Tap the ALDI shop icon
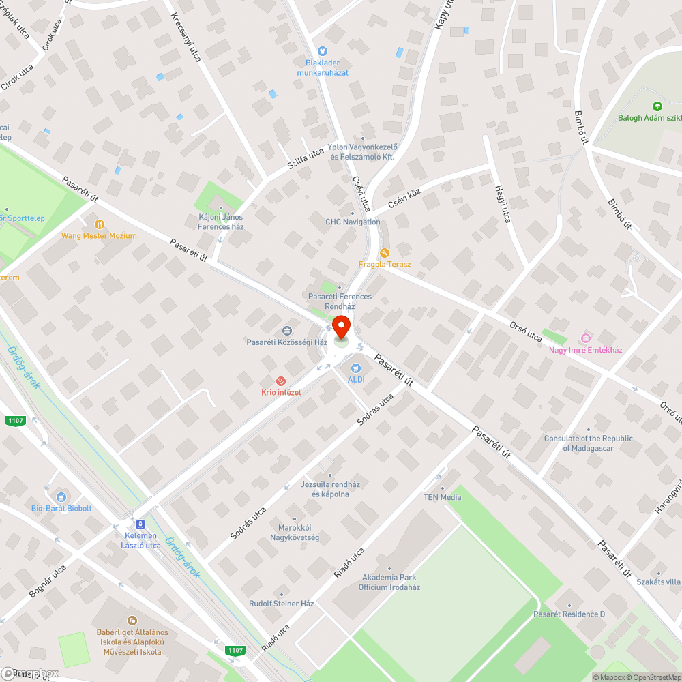point(355,368)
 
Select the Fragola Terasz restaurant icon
point(384,252)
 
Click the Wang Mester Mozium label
point(99,235)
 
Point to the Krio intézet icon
point(280,381)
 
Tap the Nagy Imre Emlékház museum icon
point(585,338)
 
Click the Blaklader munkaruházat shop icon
point(323,50)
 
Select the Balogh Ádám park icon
point(657,106)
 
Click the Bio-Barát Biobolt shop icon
point(62,497)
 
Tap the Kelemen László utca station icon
point(140,524)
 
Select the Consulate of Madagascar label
point(588,443)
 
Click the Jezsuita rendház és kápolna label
point(330,489)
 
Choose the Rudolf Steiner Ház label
point(281,604)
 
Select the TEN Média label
point(442,497)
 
